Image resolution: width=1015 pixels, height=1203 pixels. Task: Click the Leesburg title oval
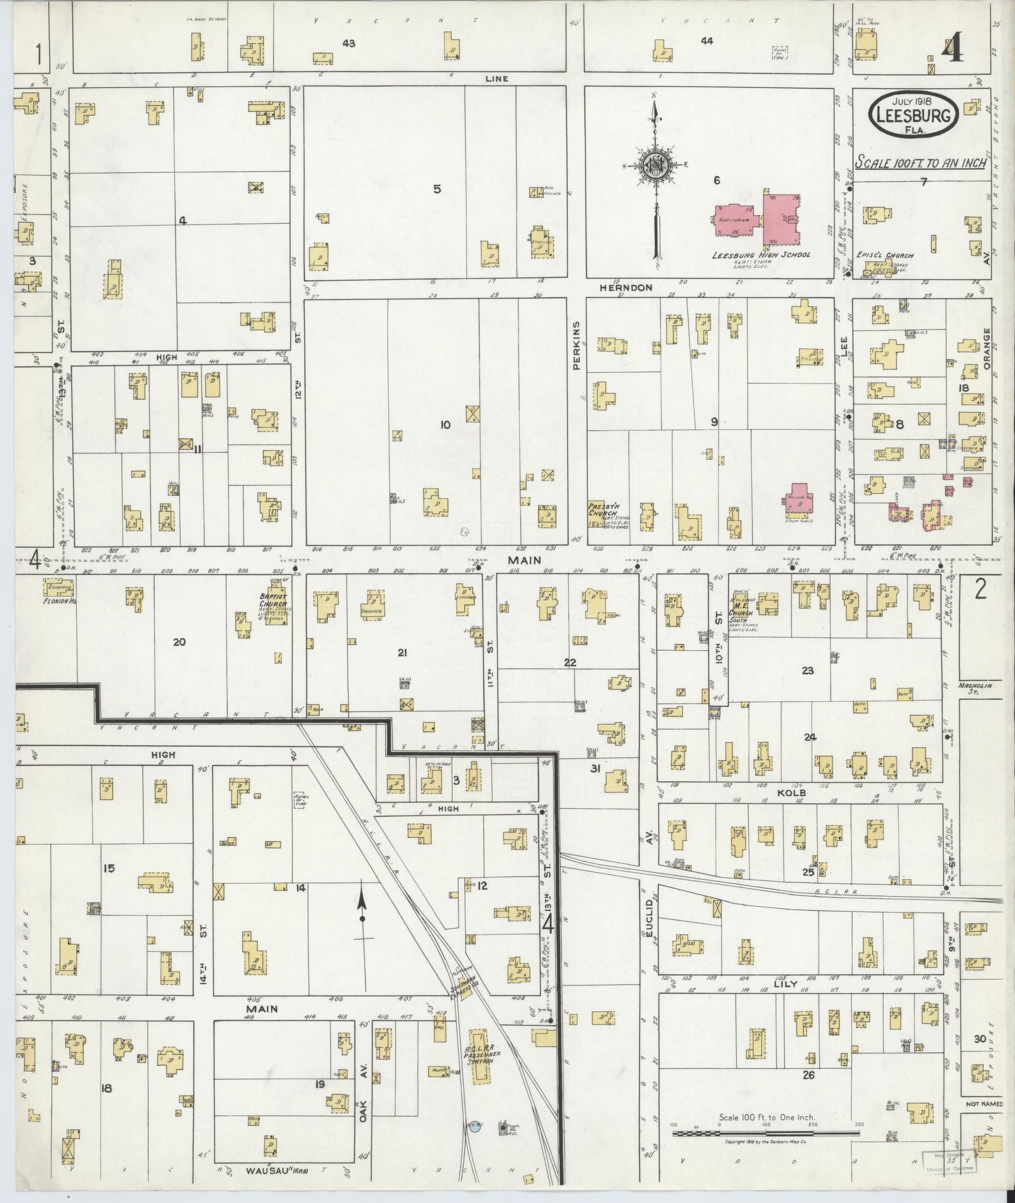(913, 114)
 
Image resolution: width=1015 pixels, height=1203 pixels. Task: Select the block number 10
(446, 425)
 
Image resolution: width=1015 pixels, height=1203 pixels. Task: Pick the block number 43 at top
(349, 43)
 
